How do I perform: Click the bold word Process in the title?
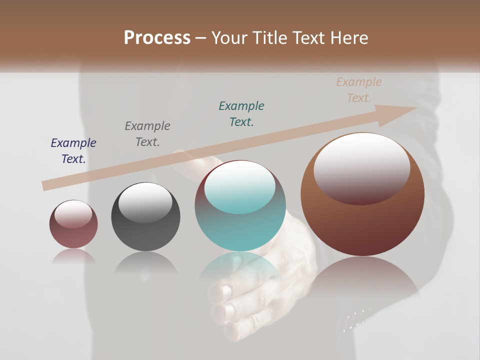point(157,38)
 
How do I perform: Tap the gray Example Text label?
point(147,134)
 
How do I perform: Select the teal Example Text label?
point(241,114)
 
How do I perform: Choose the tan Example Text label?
point(359,90)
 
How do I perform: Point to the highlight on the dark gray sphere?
point(145,201)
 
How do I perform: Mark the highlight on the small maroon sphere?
point(73,214)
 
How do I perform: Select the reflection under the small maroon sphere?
point(73,257)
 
